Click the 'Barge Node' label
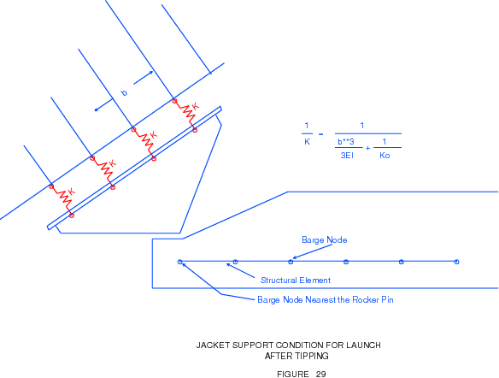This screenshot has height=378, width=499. tap(325, 239)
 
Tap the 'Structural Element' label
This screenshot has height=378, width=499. tap(296, 281)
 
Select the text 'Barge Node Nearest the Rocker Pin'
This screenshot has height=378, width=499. tap(326, 300)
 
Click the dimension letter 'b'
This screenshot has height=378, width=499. tap(124, 92)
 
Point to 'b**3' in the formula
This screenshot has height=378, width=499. tap(346, 142)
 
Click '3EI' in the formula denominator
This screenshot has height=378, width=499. tap(347, 156)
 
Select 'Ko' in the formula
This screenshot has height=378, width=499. tap(385, 156)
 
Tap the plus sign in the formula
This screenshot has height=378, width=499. tap(368, 149)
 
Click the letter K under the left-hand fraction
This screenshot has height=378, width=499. tap(307, 142)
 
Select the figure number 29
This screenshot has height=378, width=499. tap(320, 375)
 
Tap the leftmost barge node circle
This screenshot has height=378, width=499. tap(180, 262)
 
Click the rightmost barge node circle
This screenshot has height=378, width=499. tap(456, 262)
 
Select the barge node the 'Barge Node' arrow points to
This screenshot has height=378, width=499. tap(291, 262)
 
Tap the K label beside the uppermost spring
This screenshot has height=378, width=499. tap(195, 106)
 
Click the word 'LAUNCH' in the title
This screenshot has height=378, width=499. tap(363, 346)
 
